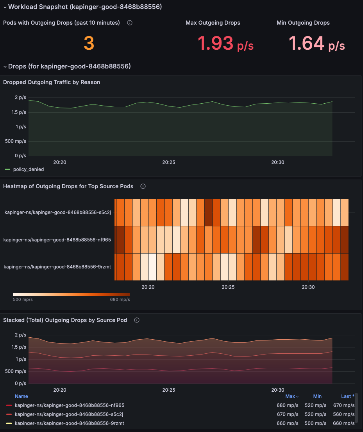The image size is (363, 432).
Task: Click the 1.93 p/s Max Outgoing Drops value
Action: pyautogui.click(x=225, y=43)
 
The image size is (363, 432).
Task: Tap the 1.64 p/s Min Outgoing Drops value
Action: pyautogui.click(x=317, y=43)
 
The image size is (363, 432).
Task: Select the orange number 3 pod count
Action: pyautogui.click(x=89, y=43)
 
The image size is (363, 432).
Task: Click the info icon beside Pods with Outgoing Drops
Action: pyautogui.click(x=130, y=23)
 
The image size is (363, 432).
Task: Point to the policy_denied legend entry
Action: pyautogui.click(x=28, y=169)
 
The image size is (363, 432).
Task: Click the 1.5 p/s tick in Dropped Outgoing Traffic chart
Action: pyautogui.click(x=18, y=112)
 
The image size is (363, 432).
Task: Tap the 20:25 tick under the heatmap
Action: pyautogui.click(x=228, y=287)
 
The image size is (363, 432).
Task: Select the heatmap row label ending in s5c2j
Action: pyautogui.click(x=58, y=212)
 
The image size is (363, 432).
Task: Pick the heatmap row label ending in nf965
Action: pyautogui.click(x=57, y=239)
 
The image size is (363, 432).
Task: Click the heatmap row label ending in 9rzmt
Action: pyautogui.click(x=57, y=267)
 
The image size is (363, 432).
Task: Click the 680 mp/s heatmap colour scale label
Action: pyautogui.click(x=120, y=299)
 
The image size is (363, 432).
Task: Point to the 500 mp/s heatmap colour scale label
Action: pyautogui.click(x=23, y=299)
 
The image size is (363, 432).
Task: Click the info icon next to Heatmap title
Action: pyautogui.click(x=143, y=186)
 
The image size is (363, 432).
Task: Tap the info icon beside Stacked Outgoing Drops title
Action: pyautogui.click(x=137, y=320)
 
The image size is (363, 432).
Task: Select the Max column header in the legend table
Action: pyautogui.click(x=290, y=396)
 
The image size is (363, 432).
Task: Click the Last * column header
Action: pyautogui.click(x=347, y=396)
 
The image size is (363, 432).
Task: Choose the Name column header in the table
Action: pyautogui.click(x=21, y=396)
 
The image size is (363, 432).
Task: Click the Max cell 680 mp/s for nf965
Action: pyautogui.click(x=287, y=405)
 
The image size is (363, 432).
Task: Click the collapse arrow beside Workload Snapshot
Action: pyautogui.click(x=5, y=7)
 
